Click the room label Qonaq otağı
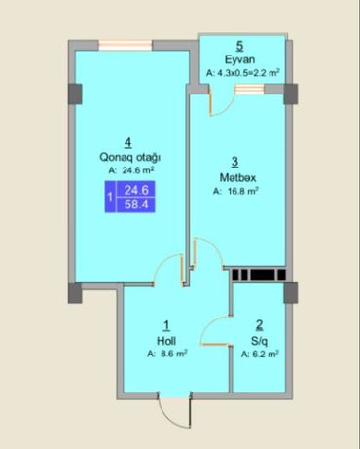click(x=130, y=157)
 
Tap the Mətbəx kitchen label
click(x=237, y=177)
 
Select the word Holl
click(x=166, y=341)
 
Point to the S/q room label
click(x=259, y=341)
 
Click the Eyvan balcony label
click(x=239, y=59)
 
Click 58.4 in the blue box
click(x=136, y=205)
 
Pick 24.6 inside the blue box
click(x=136, y=190)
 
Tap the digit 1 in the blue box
click(x=110, y=197)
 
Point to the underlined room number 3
click(x=235, y=162)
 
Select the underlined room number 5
click(x=239, y=46)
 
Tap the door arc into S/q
click(x=208, y=325)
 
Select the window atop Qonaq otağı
click(x=126, y=45)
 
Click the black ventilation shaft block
click(x=259, y=275)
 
